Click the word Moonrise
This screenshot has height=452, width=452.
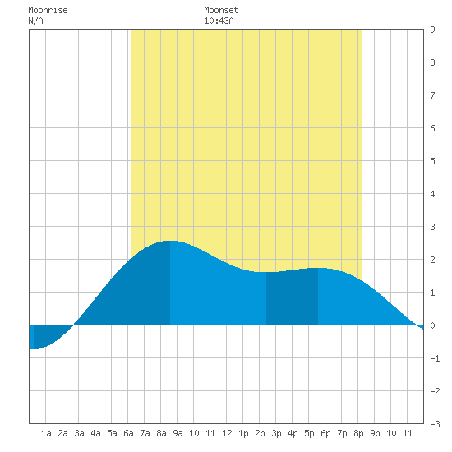[x=48, y=10]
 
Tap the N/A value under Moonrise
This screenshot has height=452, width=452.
[x=35, y=21]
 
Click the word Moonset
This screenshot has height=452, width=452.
[x=221, y=10]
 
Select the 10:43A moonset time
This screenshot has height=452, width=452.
[x=219, y=21]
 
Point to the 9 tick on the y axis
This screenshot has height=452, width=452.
[x=432, y=30]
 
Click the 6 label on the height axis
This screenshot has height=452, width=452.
[x=432, y=128]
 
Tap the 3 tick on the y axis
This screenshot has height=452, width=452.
[x=432, y=227]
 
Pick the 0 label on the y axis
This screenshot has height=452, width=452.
[x=432, y=325]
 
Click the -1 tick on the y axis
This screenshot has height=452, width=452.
[x=435, y=358]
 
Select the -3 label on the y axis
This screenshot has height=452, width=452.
[x=435, y=424]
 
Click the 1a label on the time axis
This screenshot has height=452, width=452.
[x=46, y=433]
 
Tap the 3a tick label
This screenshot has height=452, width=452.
[x=79, y=433]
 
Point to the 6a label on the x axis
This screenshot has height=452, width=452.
[x=128, y=433]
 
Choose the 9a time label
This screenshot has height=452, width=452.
[x=178, y=433]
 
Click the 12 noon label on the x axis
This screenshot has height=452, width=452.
[x=227, y=433]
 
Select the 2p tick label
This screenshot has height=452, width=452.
[x=260, y=433]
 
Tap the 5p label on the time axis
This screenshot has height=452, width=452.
[x=309, y=433]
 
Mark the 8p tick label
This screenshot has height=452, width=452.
[x=358, y=433]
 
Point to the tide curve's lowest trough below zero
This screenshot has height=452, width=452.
[x=34, y=348]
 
